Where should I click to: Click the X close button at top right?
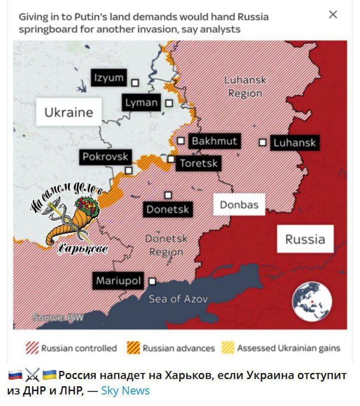click(x=333, y=15)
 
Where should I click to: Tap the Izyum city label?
click(x=108, y=78)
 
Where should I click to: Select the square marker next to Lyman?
click(x=169, y=103)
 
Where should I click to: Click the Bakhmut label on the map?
click(x=214, y=141)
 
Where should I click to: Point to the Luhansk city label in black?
click(x=294, y=143)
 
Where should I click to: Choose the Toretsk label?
click(x=198, y=163)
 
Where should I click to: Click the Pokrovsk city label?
click(x=105, y=157)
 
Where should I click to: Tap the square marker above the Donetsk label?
click(x=168, y=195)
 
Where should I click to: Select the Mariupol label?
click(x=119, y=281)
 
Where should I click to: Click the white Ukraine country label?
click(x=68, y=112)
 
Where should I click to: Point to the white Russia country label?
click(x=305, y=239)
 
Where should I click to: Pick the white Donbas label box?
click(x=239, y=205)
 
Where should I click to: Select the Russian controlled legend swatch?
click(x=31, y=348)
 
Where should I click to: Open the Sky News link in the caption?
click(x=125, y=390)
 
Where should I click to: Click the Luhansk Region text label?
click(x=245, y=87)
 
